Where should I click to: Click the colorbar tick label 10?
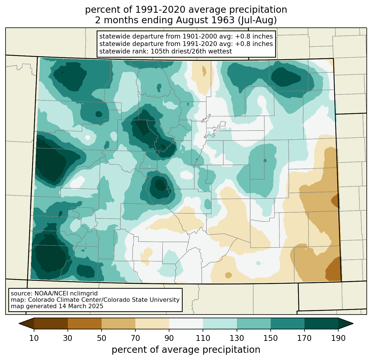(34, 338)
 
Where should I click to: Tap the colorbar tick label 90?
(169, 338)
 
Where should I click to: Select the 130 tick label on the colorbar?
(237, 338)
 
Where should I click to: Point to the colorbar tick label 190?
(338, 338)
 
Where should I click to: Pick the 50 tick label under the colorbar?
(102, 338)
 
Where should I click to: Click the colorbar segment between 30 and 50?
(84, 324)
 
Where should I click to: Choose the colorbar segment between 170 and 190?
(321, 324)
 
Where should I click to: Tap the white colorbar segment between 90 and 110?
(186, 324)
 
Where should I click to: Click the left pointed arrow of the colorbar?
(26, 324)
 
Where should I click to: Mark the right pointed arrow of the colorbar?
(346, 324)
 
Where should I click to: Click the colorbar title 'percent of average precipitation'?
(186, 350)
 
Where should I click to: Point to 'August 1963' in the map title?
(205, 20)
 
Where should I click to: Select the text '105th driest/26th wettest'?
(191, 51)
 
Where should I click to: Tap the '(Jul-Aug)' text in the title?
(257, 20)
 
